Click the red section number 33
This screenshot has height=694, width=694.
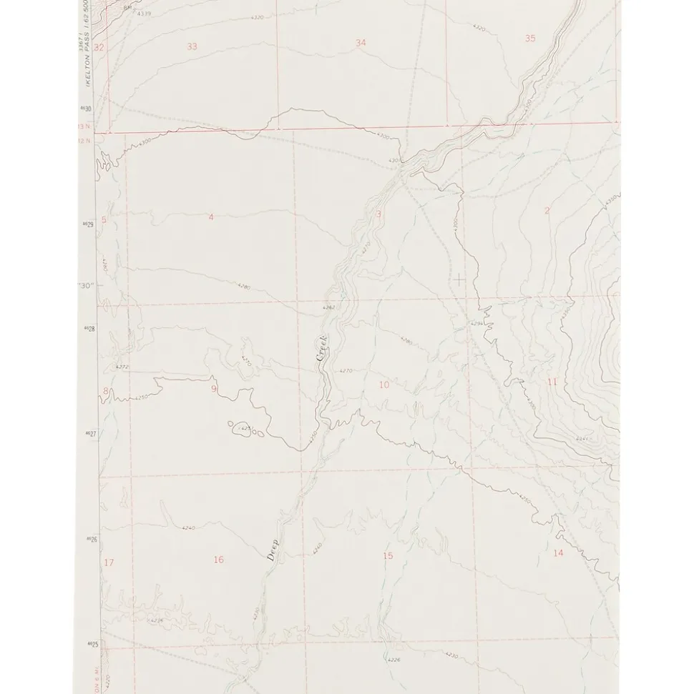(192, 46)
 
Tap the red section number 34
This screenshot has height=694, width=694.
(361, 43)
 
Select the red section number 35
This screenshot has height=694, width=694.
(529, 39)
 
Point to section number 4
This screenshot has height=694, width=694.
(210, 217)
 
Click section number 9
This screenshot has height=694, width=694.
(213, 389)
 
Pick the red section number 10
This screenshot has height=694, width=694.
(384, 385)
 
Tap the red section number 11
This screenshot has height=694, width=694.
(552, 382)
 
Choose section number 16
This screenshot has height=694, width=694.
(218, 560)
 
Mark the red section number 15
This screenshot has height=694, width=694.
(388, 556)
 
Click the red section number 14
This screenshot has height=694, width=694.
(558, 552)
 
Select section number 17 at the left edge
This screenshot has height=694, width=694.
(109, 562)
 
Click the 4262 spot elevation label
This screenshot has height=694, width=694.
(328, 307)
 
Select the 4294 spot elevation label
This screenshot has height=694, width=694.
(476, 324)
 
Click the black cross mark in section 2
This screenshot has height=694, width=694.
(459, 279)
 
